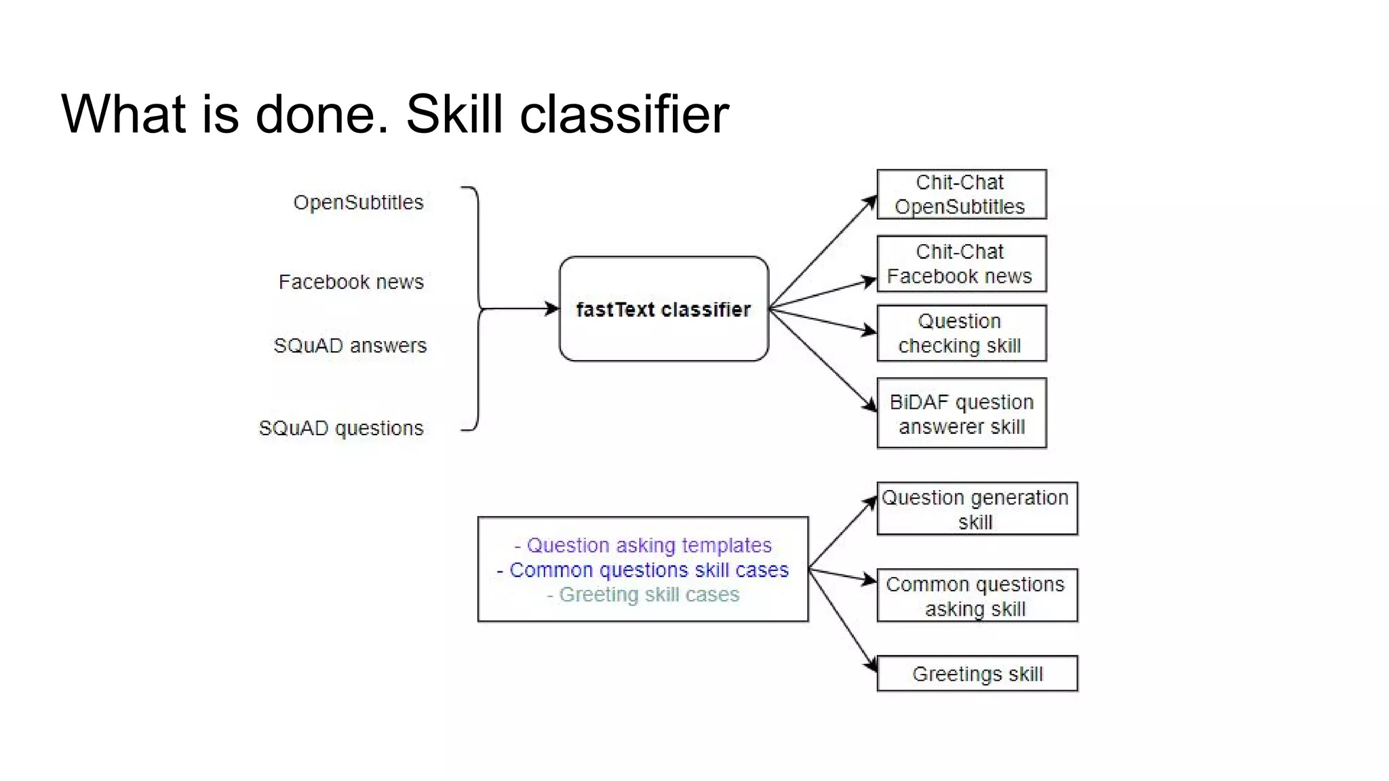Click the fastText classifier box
pos(663,309)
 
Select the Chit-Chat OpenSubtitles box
pos(961,195)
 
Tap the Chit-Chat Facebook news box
pos(961,264)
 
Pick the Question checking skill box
pos(961,334)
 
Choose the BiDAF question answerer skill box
pos(961,414)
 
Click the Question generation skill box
pos(977,509)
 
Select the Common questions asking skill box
pos(977,596)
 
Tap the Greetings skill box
pos(977,674)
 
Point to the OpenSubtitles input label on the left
pos(358,203)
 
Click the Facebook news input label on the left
pos(351,282)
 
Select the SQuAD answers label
pos(350,346)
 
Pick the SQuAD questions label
pos(341,428)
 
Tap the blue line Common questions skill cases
pos(643,570)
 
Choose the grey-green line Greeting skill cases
pos(643,595)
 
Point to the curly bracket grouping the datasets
pos(477,309)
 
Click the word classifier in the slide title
pos(624,114)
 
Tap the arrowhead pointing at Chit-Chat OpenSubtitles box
pos(870,201)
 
